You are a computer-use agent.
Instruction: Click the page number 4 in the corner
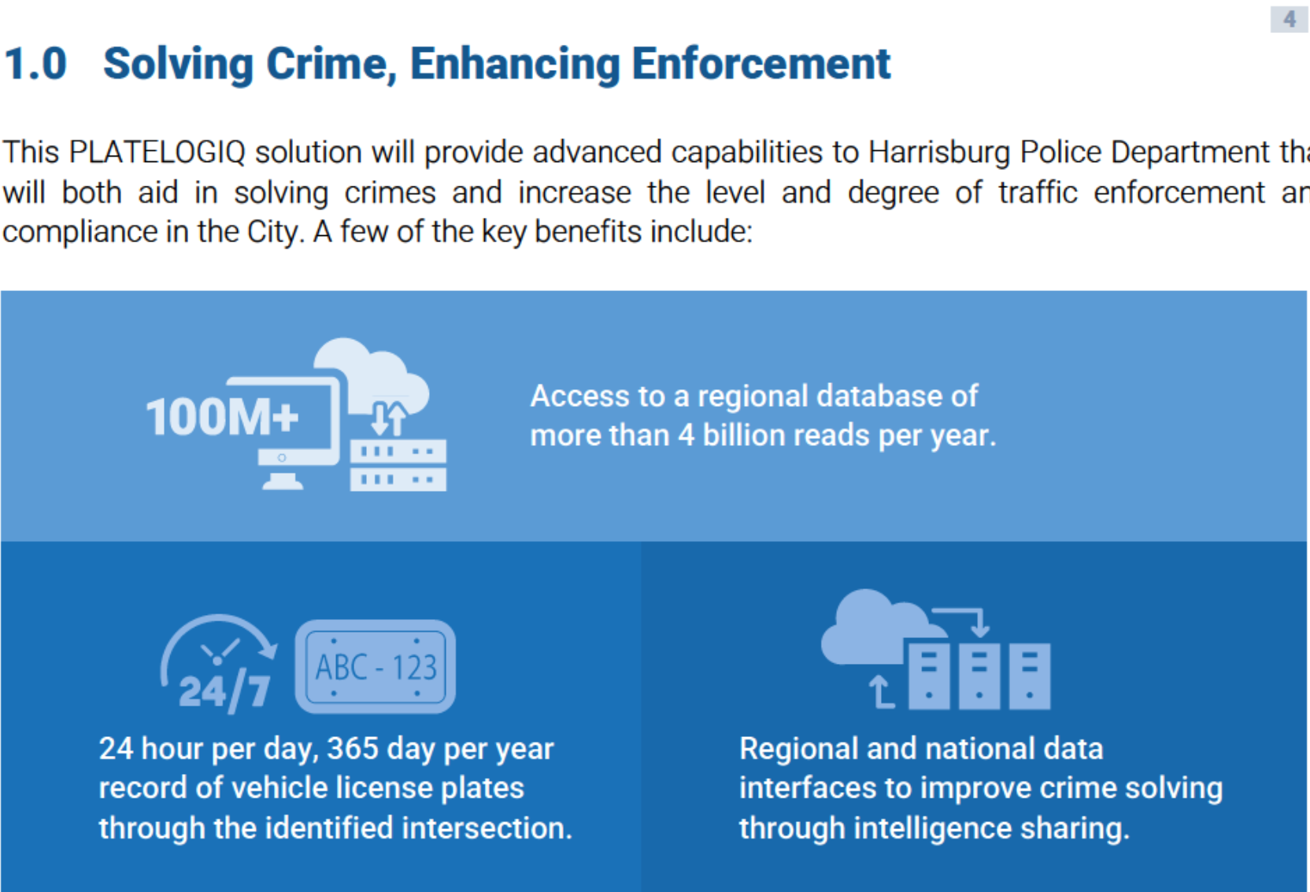point(1290,20)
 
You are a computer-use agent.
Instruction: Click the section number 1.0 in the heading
point(35,64)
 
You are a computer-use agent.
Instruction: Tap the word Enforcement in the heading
point(760,64)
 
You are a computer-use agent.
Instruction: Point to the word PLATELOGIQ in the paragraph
point(157,153)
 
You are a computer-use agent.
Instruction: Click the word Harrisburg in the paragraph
point(939,153)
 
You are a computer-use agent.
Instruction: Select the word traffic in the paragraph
point(1038,192)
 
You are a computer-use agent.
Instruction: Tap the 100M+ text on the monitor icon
point(222,416)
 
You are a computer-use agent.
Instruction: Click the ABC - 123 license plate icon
point(375,666)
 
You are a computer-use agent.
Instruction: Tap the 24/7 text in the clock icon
point(224,693)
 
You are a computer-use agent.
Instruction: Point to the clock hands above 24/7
point(219,651)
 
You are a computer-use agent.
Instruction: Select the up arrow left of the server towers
point(880,692)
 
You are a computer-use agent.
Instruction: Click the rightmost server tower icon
point(1029,676)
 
